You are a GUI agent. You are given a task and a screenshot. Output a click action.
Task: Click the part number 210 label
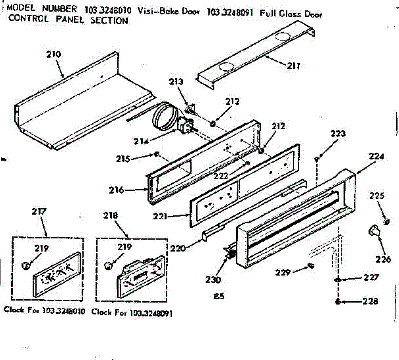click(x=53, y=54)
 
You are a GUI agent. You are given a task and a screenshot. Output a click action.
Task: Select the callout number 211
click(x=294, y=66)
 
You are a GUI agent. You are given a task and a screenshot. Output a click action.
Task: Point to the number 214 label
click(x=141, y=141)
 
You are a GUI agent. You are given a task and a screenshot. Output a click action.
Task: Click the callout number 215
click(x=123, y=159)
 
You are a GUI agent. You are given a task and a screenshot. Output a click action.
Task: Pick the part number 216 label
click(x=116, y=190)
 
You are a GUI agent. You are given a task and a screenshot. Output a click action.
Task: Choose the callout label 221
click(x=160, y=216)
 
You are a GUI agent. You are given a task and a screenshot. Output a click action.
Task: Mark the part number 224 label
click(x=376, y=156)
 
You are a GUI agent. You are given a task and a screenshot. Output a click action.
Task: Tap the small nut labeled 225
click(x=386, y=221)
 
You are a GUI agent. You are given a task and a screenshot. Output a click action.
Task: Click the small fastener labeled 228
click(x=338, y=302)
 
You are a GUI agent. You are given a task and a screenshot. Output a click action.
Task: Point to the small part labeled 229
click(x=311, y=265)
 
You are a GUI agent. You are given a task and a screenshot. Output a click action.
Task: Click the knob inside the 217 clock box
click(x=25, y=265)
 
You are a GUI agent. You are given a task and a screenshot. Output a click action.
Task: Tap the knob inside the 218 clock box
click(x=108, y=265)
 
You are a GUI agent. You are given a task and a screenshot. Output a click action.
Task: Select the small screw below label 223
click(x=317, y=160)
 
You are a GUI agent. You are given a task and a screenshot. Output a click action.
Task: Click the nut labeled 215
click(x=157, y=154)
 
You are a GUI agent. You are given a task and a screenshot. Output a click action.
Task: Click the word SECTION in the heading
click(x=109, y=20)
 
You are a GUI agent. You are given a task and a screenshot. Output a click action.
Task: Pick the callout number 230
click(x=213, y=280)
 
